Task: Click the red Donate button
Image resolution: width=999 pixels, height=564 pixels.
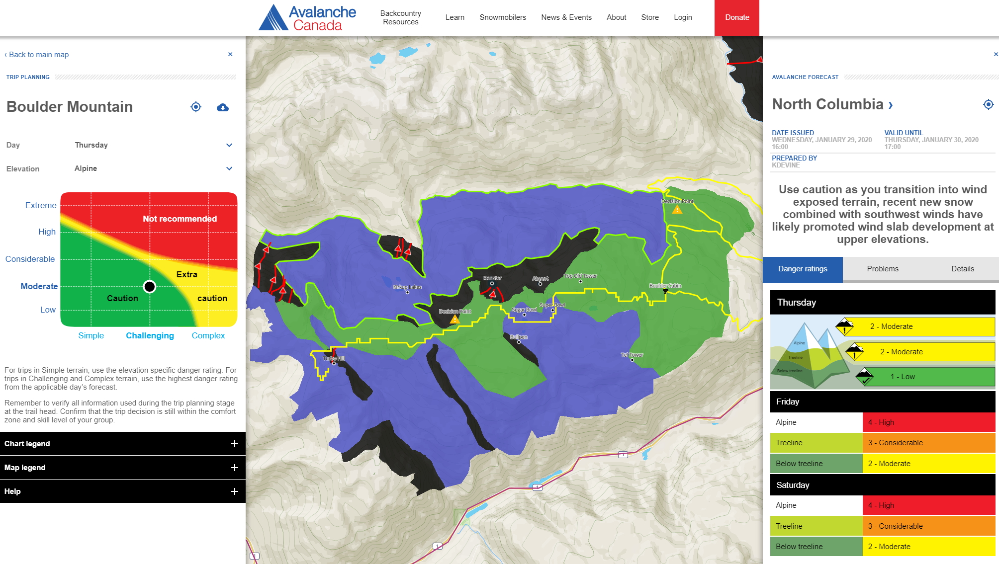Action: pyautogui.click(x=736, y=17)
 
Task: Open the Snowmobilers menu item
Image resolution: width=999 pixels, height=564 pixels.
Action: pyautogui.click(x=502, y=17)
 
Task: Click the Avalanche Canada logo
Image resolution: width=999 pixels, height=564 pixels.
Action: pyautogui.click(x=307, y=18)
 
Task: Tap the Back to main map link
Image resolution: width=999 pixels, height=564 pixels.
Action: pyautogui.click(x=38, y=55)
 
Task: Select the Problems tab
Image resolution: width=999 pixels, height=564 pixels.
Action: pyautogui.click(x=882, y=269)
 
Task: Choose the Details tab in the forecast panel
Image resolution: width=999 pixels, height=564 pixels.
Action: pyautogui.click(x=962, y=269)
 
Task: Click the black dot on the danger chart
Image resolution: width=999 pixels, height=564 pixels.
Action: pyautogui.click(x=149, y=287)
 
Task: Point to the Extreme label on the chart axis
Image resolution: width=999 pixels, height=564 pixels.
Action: pyautogui.click(x=41, y=205)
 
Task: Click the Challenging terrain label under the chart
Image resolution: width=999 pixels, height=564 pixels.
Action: pyautogui.click(x=150, y=336)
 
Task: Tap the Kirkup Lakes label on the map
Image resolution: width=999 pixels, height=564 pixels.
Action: pyautogui.click(x=407, y=287)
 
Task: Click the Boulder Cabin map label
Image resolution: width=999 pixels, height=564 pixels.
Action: pyautogui.click(x=665, y=286)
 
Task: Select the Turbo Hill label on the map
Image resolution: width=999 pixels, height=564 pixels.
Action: pyautogui.click(x=334, y=358)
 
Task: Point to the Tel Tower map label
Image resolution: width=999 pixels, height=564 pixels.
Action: pyautogui.click(x=632, y=355)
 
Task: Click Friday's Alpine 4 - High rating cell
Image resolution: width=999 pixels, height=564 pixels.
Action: pyautogui.click(x=928, y=422)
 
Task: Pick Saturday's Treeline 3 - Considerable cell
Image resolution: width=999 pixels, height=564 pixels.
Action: pyautogui.click(x=928, y=526)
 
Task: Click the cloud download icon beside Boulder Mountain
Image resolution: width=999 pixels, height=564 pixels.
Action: pyautogui.click(x=222, y=107)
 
